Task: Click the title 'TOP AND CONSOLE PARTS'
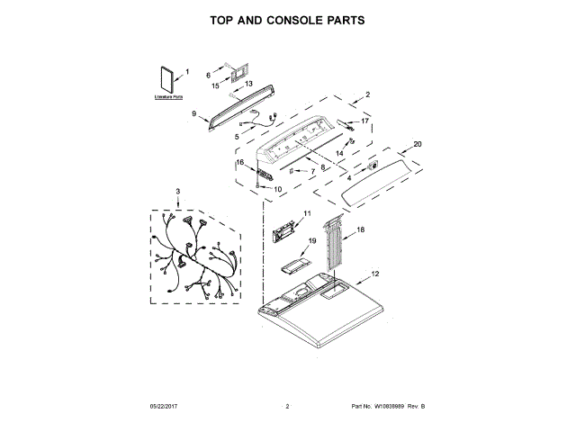coord(287,19)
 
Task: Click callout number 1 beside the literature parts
coord(187,72)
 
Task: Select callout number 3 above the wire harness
coord(177,192)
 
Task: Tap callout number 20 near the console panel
coord(417,144)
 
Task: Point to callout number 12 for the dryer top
coord(375,273)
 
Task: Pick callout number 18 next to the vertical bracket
coord(361,230)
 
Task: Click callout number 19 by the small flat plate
coord(312,241)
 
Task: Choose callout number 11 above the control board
coord(306,212)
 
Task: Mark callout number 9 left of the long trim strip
coord(193,113)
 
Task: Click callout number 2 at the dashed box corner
coord(367,94)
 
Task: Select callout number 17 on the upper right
coord(364,121)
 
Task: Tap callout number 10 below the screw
coord(277,189)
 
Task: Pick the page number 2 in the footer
coord(287,407)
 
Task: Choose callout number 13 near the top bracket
coord(249,84)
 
